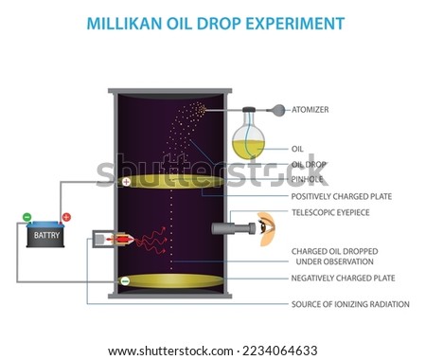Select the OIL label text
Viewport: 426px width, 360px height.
click(297, 149)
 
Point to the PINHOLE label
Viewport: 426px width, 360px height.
click(310, 177)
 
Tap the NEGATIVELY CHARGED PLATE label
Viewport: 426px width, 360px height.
click(343, 278)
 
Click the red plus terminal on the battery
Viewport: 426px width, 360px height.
click(65, 218)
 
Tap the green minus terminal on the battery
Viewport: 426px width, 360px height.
click(26, 218)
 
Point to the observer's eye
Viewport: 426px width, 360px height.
click(266, 227)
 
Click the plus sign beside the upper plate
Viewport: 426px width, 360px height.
click(126, 181)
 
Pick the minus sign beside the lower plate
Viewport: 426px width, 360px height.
click(126, 280)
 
